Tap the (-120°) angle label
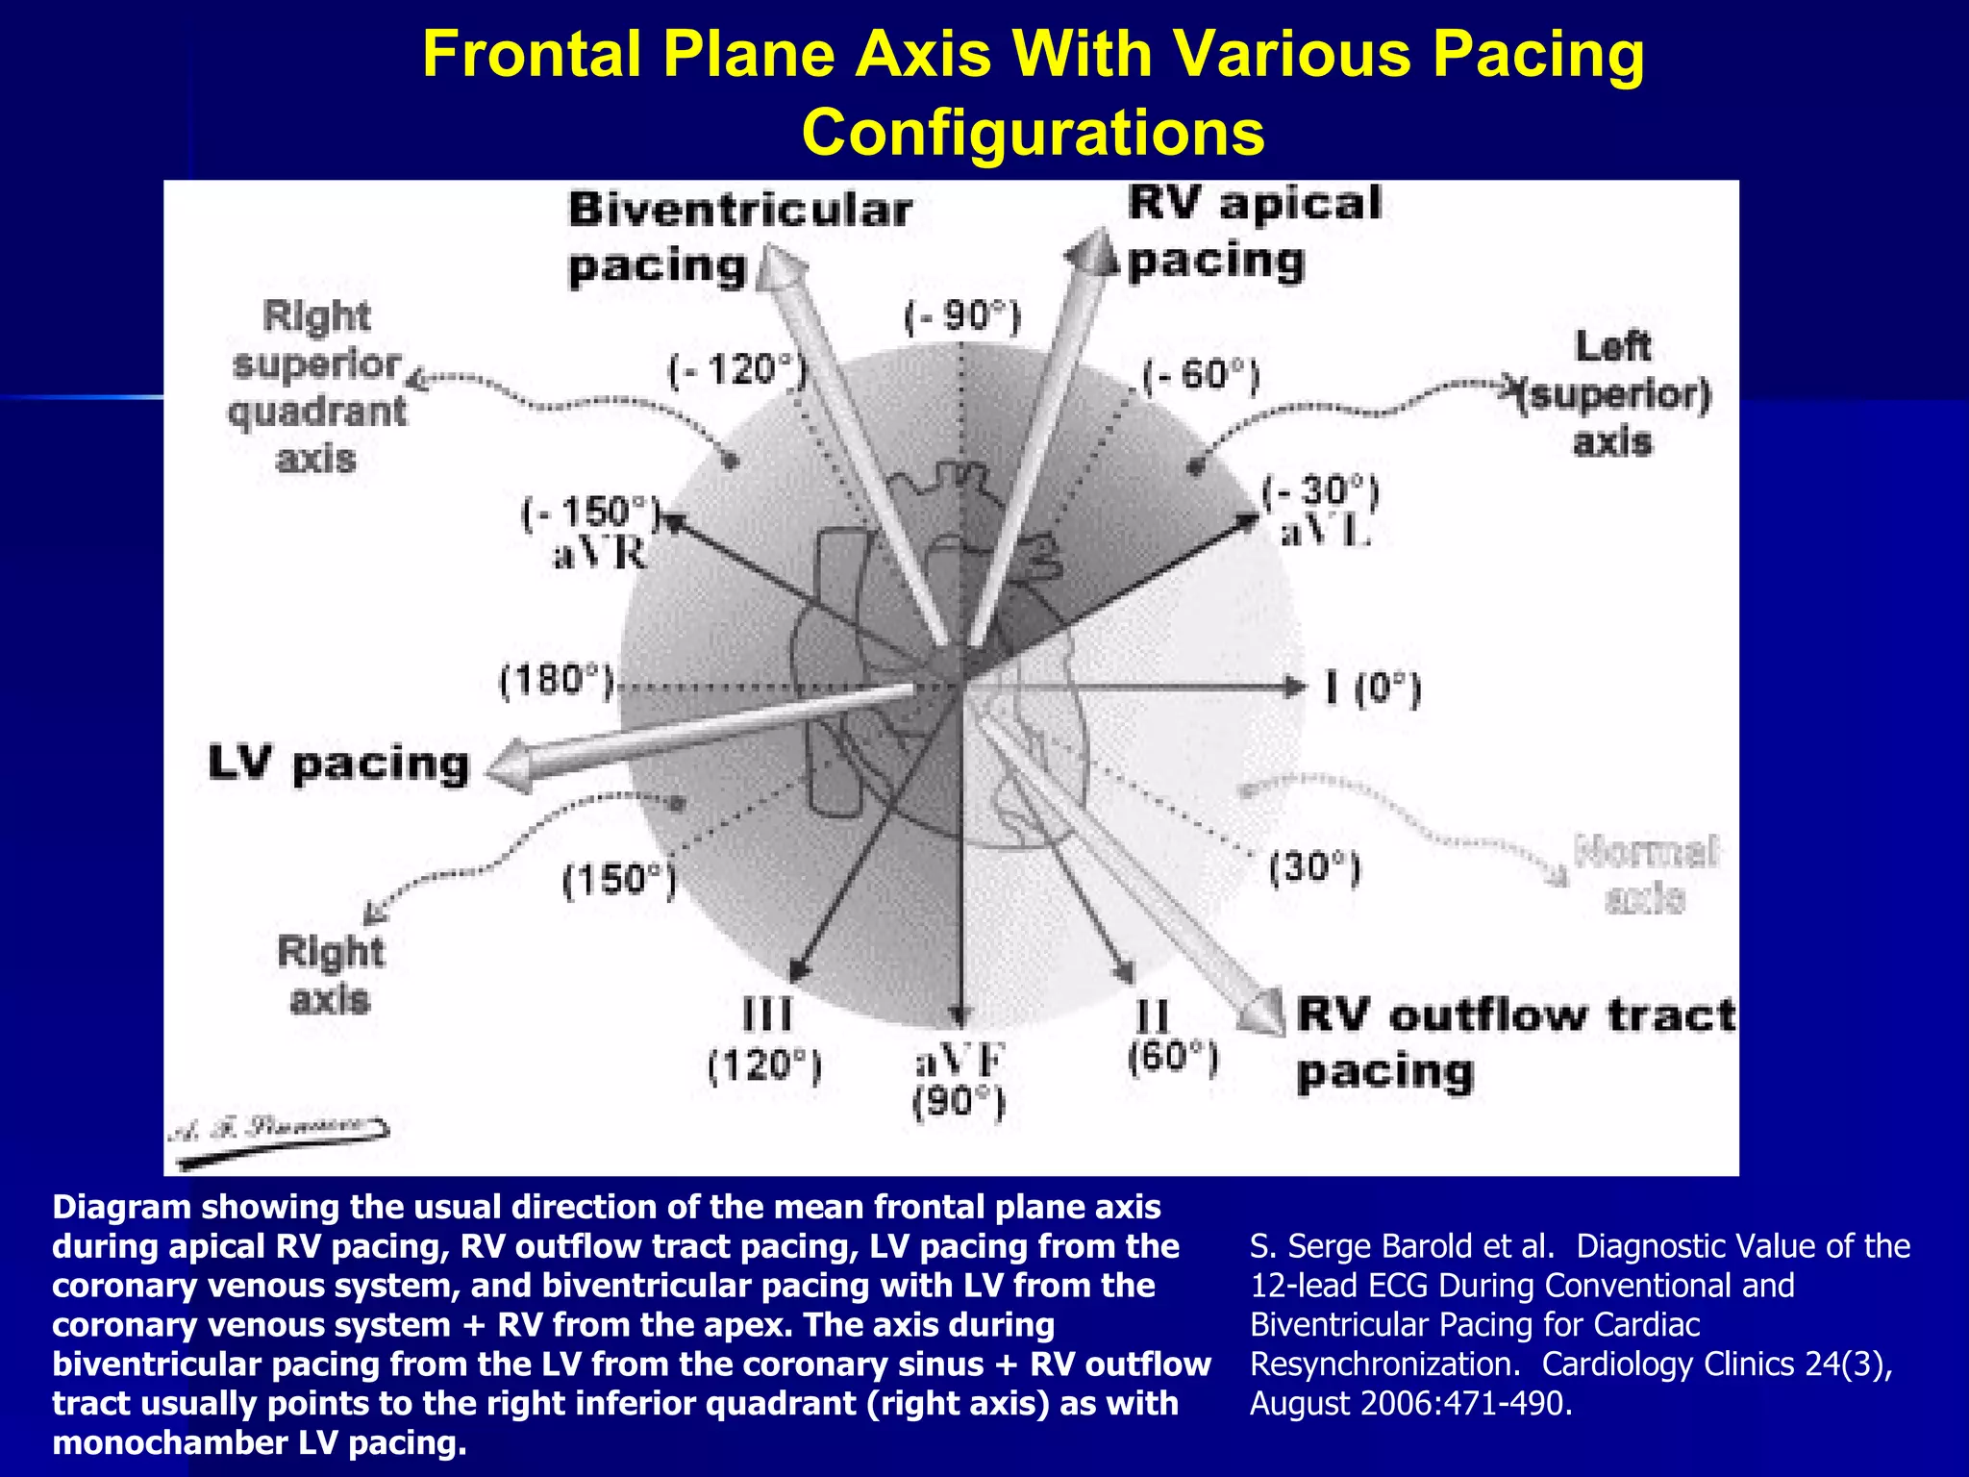(737, 369)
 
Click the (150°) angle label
(619, 880)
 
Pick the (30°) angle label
(1314, 868)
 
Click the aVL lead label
(1324, 533)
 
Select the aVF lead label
(959, 1062)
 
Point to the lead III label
(767, 1014)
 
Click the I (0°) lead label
(1373, 688)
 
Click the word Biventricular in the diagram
(739, 211)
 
